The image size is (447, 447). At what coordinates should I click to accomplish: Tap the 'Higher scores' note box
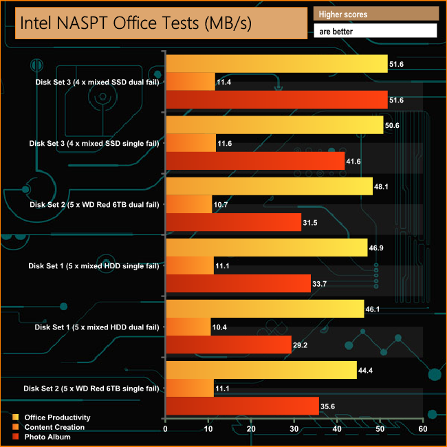click(375, 14)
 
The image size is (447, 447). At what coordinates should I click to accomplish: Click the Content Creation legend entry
click(54, 427)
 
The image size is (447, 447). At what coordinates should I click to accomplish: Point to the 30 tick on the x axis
click(294, 429)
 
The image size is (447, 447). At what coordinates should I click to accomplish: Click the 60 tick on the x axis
click(423, 429)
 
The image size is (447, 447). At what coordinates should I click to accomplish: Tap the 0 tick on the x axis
click(166, 429)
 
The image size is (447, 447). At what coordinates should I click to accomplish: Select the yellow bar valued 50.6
click(274, 124)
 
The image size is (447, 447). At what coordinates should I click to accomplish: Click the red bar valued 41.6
click(255, 161)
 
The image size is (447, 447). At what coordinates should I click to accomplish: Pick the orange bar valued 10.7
click(189, 204)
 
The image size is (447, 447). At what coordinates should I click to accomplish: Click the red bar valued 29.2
click(228, 345)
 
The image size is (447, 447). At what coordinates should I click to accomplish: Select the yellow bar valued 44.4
click(261, 370)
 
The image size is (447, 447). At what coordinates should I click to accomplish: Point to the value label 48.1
click(382, 186)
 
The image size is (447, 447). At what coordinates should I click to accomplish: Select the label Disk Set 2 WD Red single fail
click(94, 388)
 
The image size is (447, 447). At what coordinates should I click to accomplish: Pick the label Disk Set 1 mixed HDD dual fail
click(97, 327)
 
